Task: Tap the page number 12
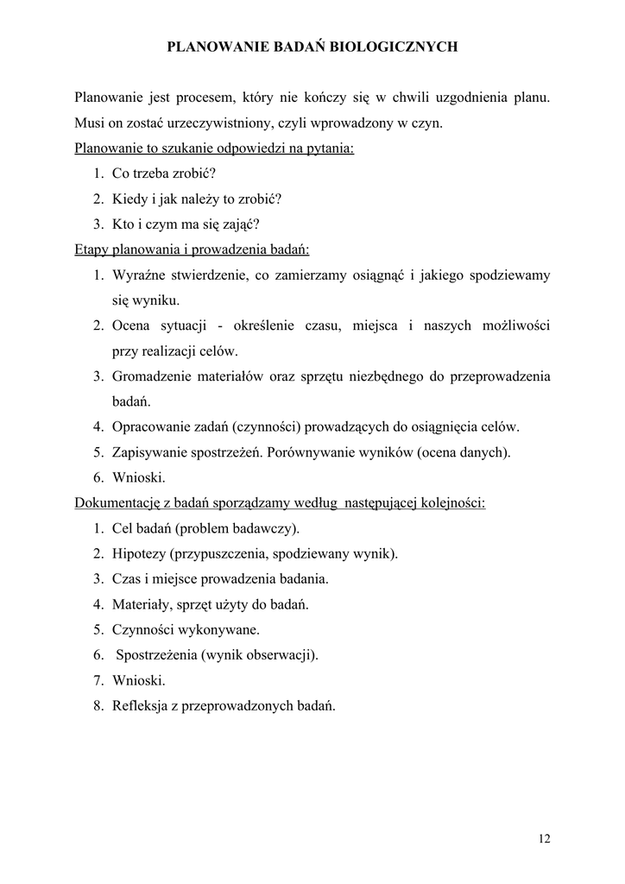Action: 544,838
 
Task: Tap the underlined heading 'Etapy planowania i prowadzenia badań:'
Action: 193,249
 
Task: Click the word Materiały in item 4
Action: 141,604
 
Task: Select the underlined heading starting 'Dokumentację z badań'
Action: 280,502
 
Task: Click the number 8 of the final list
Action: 98,705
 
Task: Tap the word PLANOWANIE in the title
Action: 212,48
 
